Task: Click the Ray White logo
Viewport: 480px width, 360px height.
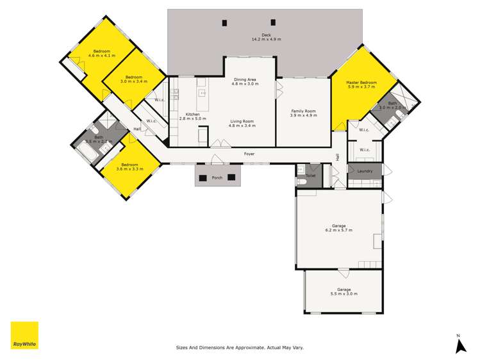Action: [x=24, y=335]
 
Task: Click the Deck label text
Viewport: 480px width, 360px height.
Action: [x=265, y=35]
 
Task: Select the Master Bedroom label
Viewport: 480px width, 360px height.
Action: [x=361, y=83]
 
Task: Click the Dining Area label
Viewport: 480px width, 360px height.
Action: [x=244, y=79]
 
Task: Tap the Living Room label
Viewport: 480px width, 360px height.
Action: [x=242, y=120]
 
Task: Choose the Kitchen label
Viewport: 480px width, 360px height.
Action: [x=193, y=114]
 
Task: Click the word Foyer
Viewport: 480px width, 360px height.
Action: [x=249, y=154]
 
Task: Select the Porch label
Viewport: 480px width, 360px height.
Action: [x=217, y=178]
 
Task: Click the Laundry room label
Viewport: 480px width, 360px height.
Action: [x=365, y=170]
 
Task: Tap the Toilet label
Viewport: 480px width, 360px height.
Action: [x=311, y=175]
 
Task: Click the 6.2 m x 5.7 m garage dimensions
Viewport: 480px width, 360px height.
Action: [x=339, y=230]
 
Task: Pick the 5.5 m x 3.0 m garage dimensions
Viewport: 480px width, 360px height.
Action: [x=344, y=293]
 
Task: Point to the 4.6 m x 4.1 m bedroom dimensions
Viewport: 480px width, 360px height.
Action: [x=102, y=56]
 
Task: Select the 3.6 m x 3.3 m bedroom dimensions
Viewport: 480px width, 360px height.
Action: [x=129, y=168]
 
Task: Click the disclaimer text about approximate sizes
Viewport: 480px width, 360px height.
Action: [x=240, y=348]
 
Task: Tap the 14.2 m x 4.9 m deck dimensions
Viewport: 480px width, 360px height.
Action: [x=265, y=39]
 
